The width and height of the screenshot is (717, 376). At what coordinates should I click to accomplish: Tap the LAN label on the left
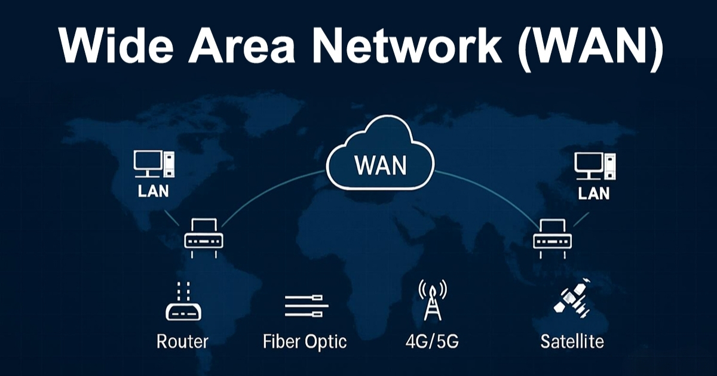click(153, 192)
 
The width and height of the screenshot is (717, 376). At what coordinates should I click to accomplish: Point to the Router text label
click(182, 342)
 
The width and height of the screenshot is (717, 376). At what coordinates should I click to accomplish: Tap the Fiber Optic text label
click(305, 343)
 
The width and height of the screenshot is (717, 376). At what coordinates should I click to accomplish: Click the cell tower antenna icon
click(431, 301)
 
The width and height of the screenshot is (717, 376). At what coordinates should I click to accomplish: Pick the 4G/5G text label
click(432, 342)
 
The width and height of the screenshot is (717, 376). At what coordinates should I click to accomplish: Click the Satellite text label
click(572, 342)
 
